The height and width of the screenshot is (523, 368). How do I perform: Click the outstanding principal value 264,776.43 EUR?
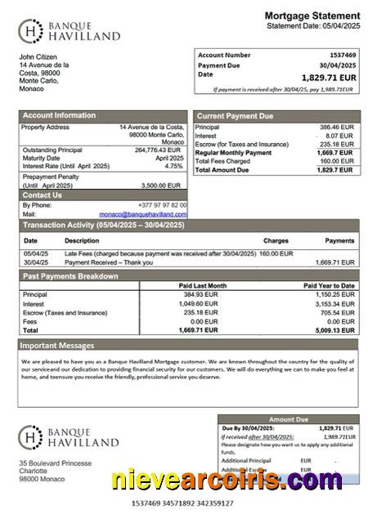157,150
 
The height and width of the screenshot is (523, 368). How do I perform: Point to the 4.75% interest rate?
174,166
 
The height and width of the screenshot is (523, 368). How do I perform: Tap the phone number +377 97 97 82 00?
162,204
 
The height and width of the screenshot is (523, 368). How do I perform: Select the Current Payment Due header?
235,116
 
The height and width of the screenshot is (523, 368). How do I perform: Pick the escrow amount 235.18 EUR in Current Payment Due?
336,144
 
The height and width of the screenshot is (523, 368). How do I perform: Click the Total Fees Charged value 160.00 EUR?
336,161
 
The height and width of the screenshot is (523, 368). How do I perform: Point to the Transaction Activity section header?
103,225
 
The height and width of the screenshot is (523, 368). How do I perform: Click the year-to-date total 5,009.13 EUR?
335,330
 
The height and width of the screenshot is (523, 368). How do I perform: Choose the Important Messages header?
58,346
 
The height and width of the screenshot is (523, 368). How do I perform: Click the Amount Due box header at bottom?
288,419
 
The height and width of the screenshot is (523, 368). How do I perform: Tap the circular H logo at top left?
30,31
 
